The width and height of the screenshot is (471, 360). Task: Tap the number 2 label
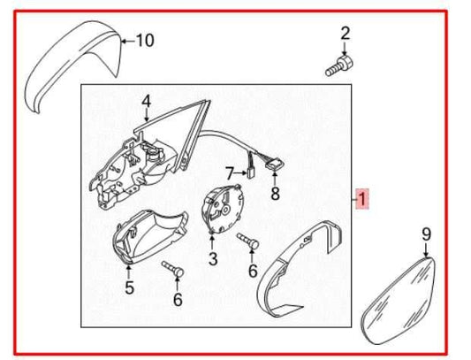[x=346, y=34]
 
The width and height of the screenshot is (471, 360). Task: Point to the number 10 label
[x=144, y=40]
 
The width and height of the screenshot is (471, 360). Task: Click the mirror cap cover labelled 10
[x=66, y=66]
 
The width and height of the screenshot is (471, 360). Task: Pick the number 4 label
[x=146, y=101]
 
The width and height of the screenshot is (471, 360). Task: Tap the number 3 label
[x=212, y=259]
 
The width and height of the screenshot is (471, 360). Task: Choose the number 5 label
[x=129, y=287]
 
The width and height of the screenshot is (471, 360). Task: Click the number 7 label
[x=228, y=172]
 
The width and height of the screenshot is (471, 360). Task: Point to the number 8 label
[x=274, y=194]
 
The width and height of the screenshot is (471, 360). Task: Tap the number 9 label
[x=426, y=234]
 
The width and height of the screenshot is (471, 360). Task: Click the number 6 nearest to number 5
[x=177, y=300]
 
